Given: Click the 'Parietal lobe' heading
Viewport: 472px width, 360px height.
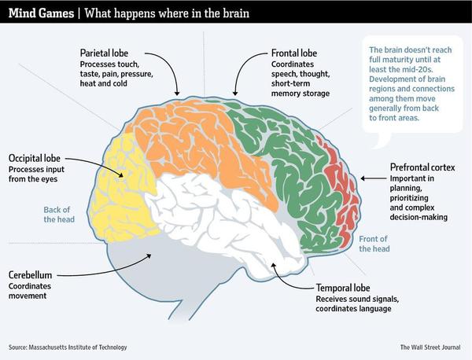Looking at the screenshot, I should coord(109,53).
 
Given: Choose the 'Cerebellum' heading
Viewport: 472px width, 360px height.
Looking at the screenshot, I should coord(31,276).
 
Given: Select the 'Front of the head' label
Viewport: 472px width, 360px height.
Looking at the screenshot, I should coord(374,244).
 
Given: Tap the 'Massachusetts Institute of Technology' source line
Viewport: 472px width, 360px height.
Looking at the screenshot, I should coord(67,347).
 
